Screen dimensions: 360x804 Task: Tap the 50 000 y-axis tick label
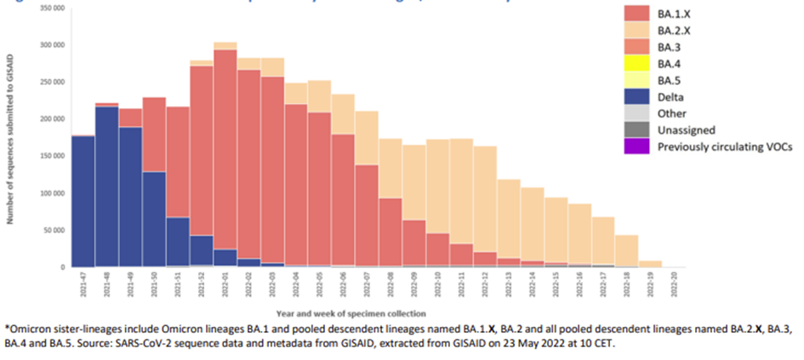(x=54, y=230)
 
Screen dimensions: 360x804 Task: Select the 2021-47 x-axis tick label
(x=83, y=284)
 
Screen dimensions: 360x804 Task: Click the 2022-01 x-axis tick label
(x=225, y=284)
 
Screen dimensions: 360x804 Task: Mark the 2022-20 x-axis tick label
(x=674, y=284)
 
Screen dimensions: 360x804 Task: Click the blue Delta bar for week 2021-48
(x=106, y=187)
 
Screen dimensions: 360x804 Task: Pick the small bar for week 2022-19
(x=650, y=264)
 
